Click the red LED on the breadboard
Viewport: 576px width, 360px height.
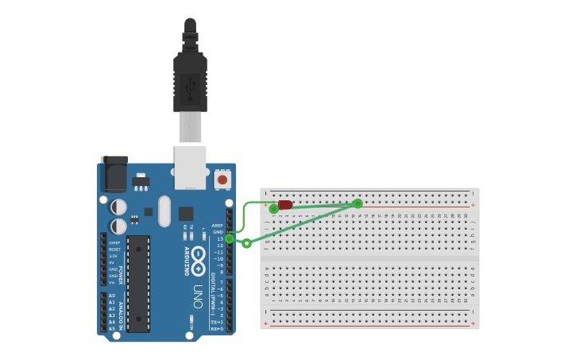tap(285, 205)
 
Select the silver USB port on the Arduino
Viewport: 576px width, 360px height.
tap(191, 166)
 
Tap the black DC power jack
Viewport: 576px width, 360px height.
tap(114, 175)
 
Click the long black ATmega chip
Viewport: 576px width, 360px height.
tap(138, 283)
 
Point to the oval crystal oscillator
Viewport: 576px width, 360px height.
tap(164, 211)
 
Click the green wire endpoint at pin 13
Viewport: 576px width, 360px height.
tap(230, 238)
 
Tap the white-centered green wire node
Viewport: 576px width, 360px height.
tap(246, 243)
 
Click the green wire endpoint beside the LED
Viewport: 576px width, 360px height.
tap(274, 209)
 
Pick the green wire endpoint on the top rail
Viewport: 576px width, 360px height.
tap(358, 203)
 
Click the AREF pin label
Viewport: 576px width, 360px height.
tap(218, 225)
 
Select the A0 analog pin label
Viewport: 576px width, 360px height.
tap(112, 296)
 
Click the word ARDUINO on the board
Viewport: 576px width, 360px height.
tap(187, 261)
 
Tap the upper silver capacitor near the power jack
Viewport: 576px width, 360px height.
tap(118, 207)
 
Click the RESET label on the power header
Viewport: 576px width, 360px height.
tap(115, 250)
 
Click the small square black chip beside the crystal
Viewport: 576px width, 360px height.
tap(186, 213)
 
